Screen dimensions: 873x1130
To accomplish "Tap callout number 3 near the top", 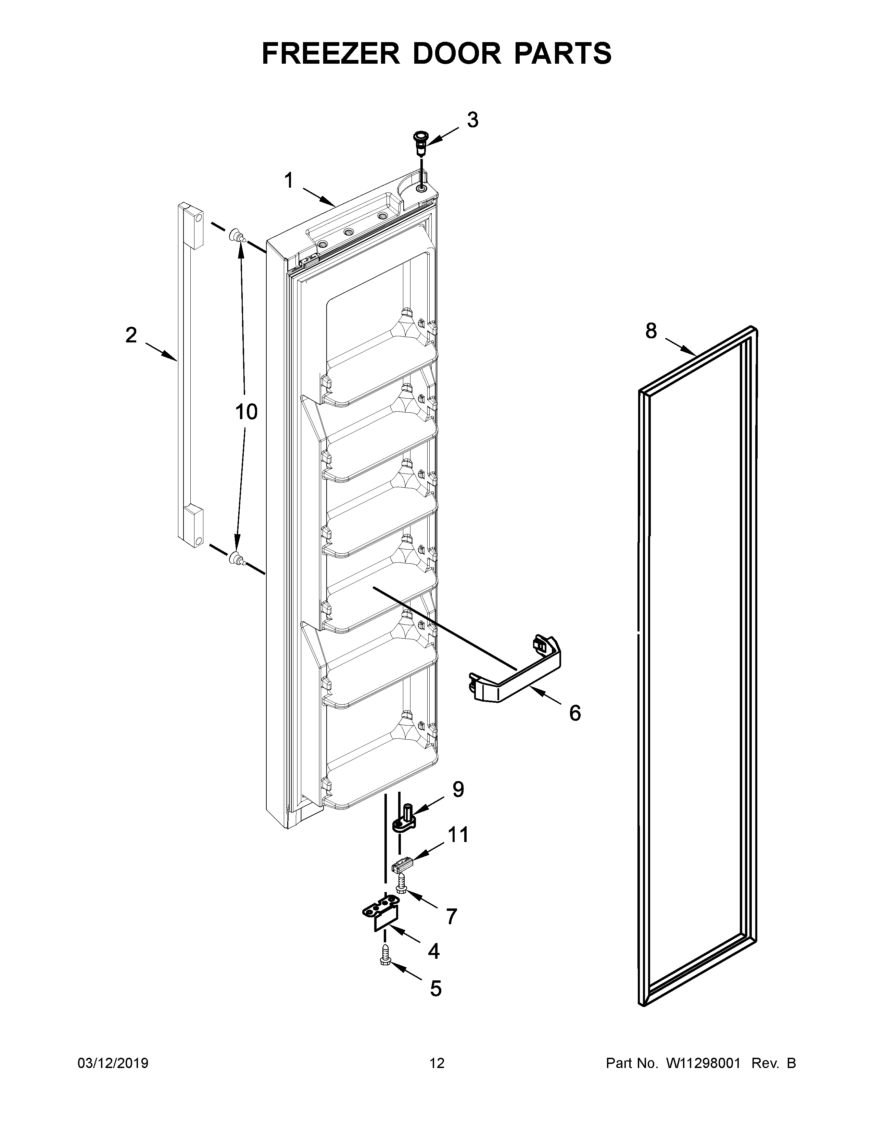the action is coord(472,121).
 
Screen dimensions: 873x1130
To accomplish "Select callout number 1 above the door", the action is coord(289,181).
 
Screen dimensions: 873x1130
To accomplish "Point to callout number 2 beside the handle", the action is coord(131,335).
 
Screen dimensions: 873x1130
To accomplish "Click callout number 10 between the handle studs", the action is coord(246,412).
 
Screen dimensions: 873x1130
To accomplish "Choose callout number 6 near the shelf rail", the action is coord(574,713).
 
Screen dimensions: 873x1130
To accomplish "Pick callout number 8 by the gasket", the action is coord(650,331).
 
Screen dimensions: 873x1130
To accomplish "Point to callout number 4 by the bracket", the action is coord(433,951).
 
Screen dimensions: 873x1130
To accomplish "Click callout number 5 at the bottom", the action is coord(435,989).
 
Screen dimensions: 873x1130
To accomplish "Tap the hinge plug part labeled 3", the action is coord(420,141).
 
